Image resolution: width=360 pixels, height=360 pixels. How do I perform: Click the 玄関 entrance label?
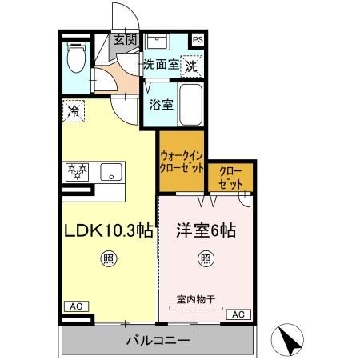[125, 39]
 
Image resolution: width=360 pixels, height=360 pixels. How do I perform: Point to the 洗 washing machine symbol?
[191, 67]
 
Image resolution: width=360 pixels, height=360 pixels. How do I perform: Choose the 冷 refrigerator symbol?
[74, 110]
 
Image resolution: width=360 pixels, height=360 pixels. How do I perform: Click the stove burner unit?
[78, 170]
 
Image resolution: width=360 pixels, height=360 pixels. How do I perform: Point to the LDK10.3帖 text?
[109, 232]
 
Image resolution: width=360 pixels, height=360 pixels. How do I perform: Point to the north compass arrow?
[293, 341]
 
